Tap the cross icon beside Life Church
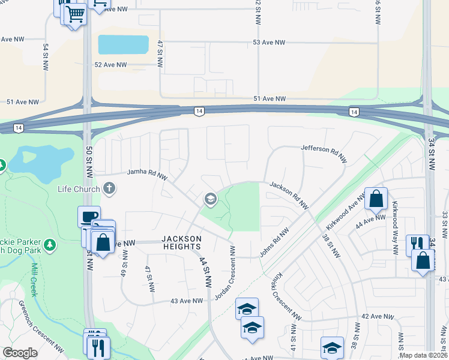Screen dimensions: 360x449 coord(109,189)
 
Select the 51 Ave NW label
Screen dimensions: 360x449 coord(269,98)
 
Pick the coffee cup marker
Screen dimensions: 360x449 coord(89,216)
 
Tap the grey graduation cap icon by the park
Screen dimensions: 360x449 coord(210,198)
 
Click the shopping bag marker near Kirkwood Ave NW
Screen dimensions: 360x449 coord(376,198)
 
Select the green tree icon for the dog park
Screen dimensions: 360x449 coord(50,245)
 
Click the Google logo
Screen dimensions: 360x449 coord(20,353)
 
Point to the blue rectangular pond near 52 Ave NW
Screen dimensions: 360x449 coord(123,44)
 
